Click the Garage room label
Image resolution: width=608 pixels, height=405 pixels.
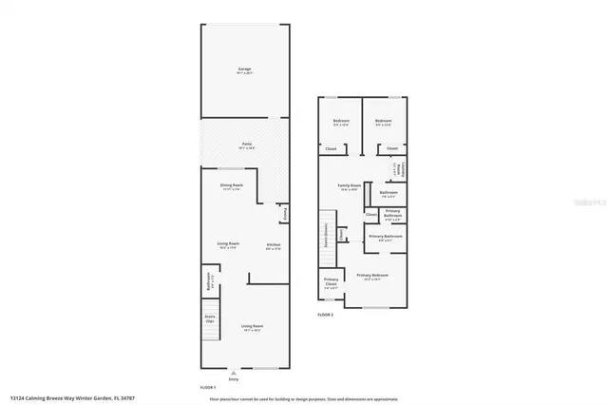click(243, 70)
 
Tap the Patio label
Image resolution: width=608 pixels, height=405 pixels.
click(243, 145)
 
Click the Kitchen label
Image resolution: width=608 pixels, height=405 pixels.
click(273, 245)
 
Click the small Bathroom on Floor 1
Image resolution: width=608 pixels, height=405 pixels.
click(209, 281)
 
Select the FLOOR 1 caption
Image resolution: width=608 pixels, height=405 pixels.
click(208, 387)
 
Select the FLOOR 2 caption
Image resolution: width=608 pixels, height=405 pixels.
click(326, 313)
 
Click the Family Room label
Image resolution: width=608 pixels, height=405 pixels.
click(349, 186)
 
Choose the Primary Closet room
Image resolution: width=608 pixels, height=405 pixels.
click(330, 281)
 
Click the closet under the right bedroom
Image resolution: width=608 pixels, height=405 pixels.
click(391, 148)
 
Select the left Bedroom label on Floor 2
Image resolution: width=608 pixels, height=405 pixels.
click(340, 122)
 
